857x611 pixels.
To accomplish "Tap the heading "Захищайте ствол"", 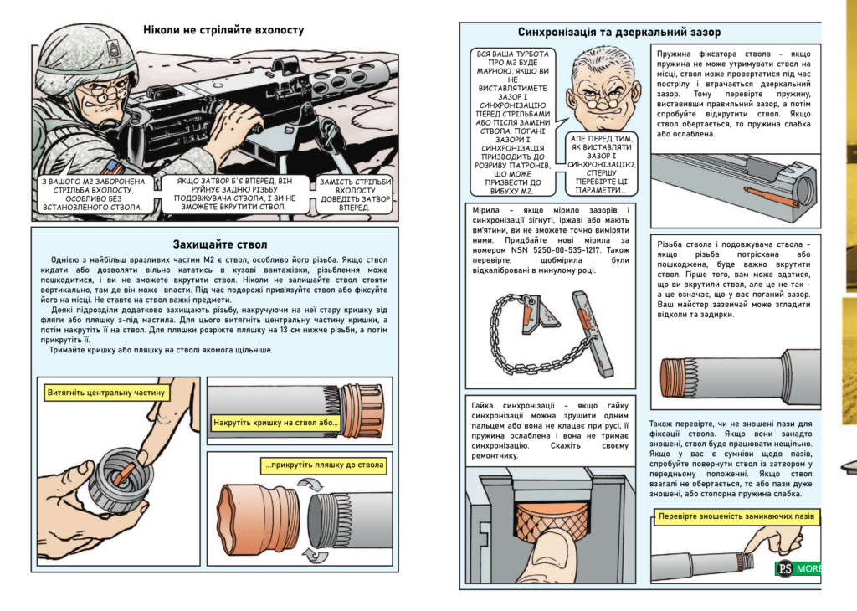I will [219, 244].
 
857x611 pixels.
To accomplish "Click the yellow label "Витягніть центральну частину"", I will [108, 392].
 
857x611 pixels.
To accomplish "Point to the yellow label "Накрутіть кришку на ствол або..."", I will [276, 422].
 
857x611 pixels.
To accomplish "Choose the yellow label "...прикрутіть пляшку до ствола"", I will [324, 465].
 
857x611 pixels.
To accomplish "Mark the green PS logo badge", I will [784, 569].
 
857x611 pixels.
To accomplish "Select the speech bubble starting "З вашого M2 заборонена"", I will [93, 193].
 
